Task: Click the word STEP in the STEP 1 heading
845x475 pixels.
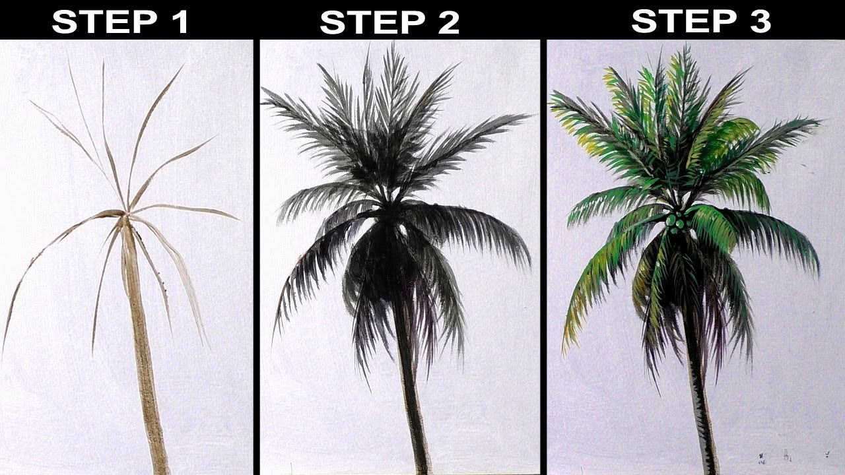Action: click(104, 22)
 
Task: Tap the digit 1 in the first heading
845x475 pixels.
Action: click(181, 22)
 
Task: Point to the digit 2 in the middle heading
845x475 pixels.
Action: click(448, 22)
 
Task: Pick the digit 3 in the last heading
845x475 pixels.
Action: click(760, 20)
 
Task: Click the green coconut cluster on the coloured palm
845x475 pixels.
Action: click(676, 220)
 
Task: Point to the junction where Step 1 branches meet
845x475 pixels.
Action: click(126, 214)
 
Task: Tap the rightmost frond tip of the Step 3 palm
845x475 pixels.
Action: click(821, 121)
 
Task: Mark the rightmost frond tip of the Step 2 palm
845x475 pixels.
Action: click(530, 115)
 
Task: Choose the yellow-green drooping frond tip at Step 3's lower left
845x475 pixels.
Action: click(564, 352)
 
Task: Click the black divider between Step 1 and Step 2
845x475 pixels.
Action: click(257, 257)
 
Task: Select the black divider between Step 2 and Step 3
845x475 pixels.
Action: click(543, 257)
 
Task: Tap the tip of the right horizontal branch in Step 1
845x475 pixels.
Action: click(237, 218)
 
